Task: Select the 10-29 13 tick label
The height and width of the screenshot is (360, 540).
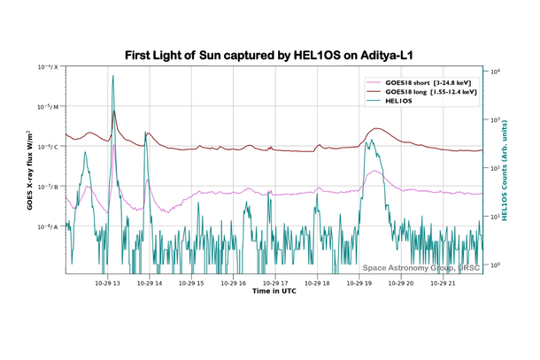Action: [x=108, y=283]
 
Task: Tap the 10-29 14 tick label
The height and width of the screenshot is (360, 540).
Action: [x=150, y=283]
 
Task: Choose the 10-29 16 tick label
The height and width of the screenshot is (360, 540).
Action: [x=234, y=283]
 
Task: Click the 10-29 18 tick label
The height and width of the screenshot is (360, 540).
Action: [x=317, y=283]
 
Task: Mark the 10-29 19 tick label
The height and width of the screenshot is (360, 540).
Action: [x=359, y=283]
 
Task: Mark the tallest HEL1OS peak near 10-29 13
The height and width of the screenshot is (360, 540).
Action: [x=113, y=77]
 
